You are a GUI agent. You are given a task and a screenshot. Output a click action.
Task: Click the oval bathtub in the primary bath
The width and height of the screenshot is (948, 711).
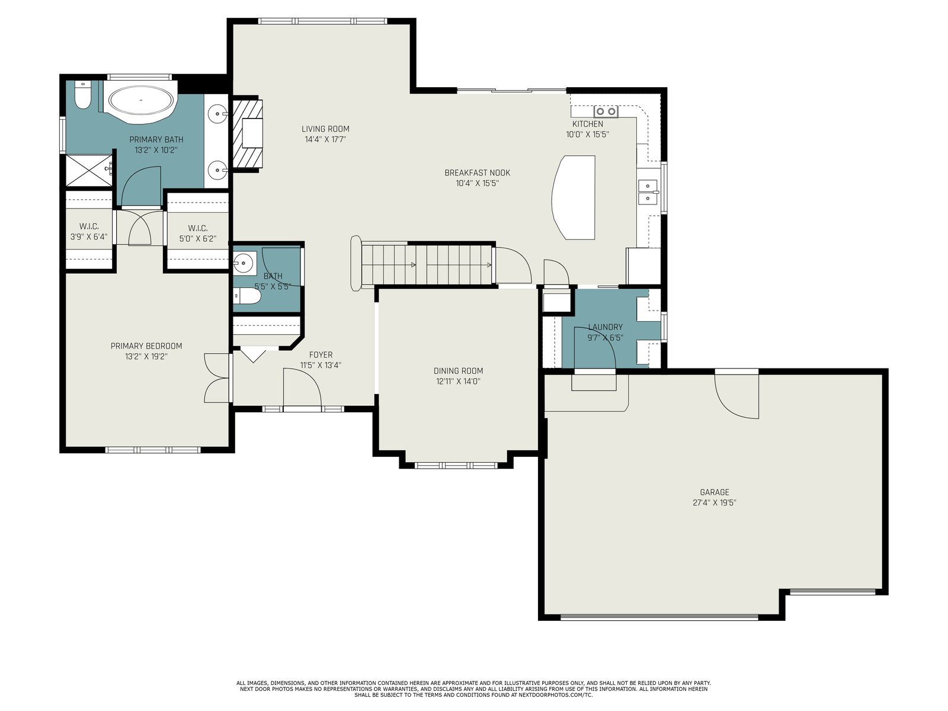[x=141, y=100]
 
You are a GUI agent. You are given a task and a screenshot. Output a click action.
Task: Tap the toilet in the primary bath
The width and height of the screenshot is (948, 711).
[x=82, y=95]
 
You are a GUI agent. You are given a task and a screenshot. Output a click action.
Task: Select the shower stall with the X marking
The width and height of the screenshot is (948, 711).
[x=88, y=171]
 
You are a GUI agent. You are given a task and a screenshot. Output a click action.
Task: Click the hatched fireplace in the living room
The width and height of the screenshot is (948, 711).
[x=248, y=133]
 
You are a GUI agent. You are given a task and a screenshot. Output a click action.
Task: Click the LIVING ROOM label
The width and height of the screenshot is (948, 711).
[x=325, y=129]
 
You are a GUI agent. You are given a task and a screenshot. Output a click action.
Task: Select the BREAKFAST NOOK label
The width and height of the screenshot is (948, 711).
[x=477, y=172]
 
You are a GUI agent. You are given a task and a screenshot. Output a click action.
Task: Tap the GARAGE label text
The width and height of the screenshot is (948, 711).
[x=715, y=492]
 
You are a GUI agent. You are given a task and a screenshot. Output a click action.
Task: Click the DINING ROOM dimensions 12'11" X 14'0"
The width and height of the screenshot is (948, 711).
[x=458, y=381]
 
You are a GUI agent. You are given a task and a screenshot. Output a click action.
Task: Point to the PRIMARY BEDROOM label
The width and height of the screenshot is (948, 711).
[x=146, y=346]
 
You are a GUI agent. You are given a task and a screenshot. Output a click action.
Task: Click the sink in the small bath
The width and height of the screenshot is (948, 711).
[x=245, y=262]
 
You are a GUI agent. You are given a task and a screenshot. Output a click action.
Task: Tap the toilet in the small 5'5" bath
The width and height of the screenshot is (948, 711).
[x=246, y=296]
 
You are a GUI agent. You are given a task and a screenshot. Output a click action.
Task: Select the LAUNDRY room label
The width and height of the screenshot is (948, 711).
[x=606, y=327]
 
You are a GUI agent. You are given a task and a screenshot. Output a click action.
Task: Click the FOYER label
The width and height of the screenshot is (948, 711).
[x=321, y=355]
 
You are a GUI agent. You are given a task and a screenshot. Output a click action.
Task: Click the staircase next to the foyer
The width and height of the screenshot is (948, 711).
[x=425, y=264]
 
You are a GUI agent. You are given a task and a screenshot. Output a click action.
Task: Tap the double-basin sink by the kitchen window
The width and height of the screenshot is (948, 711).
[x=648, y=192]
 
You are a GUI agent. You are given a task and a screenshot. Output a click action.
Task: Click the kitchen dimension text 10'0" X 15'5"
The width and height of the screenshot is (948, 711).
[x=587, y=134]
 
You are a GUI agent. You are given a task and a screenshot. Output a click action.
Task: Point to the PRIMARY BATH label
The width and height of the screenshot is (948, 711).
[x=156, y=139]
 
